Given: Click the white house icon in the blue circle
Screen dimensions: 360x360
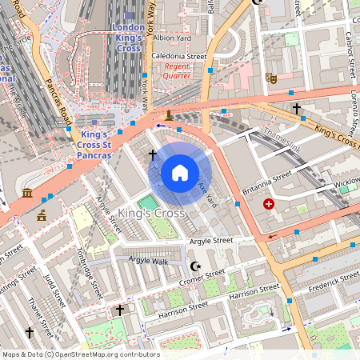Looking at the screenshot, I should tap(180, 173).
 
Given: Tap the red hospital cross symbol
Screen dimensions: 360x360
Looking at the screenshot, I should tap(269, 205).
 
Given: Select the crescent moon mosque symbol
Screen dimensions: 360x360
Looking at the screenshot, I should tap(194, 266).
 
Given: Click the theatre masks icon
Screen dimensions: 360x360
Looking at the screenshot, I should tap(271, 78).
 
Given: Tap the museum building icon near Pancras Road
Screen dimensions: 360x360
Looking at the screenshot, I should tap(27, 194).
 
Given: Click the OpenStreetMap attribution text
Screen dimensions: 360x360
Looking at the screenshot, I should tap(80, 354).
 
